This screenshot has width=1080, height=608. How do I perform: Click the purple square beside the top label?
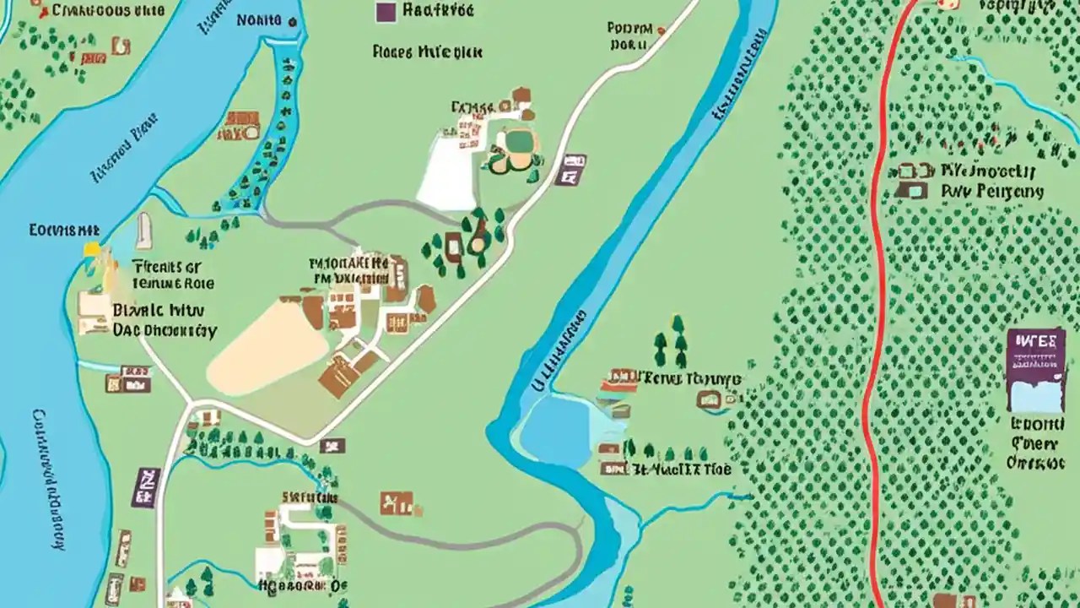coord(386,11)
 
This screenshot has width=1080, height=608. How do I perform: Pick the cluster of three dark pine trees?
coord(671,342)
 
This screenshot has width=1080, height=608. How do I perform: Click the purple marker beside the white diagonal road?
coord(571,169)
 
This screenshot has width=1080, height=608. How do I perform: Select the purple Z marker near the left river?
coord(145,487)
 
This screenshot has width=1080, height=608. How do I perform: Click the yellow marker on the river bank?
coord(91,251)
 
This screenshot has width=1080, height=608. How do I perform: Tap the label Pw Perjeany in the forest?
coord(991,192)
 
